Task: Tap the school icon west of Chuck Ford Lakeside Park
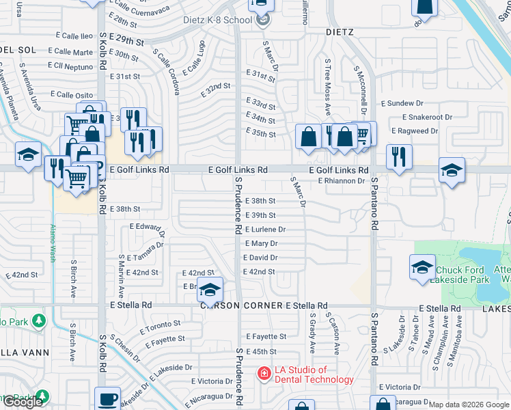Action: pyautogui.click(x=422, y=267)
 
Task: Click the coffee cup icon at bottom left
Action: pyautogui.click(x=107, y=399)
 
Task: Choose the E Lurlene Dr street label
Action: pyautogui.click(x=264, y=230)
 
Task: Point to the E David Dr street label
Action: pyautogui.click(x=260, y=258)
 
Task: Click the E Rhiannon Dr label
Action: pyautogui.click(x=342, y=181)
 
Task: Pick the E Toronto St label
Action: pyautogui.click(x=161, y=327)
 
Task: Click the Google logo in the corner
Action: pyautogui.click(x=23, y=402)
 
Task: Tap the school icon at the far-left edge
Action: pyautogui.click(x=28, y=155)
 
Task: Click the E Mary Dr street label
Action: pyautogui.click(x=260, y=243)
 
